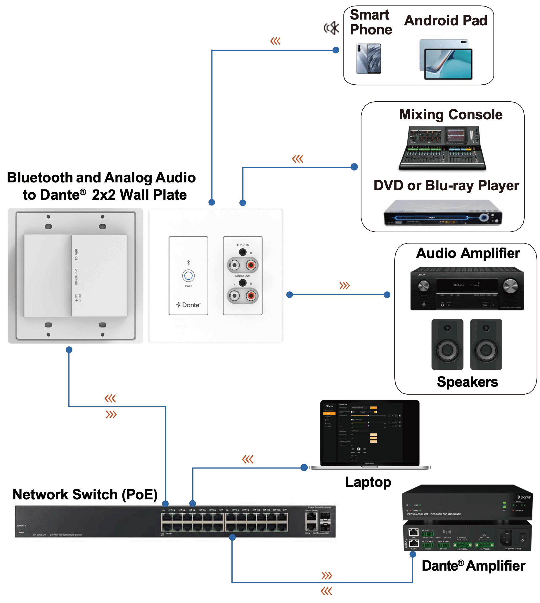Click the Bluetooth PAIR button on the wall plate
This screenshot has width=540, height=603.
pyautogui.click(x=188, y=276)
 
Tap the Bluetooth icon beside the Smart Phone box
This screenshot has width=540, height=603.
pyautogui.click(x=331, y=28)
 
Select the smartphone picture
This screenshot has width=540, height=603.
pyautogui.click(x=369, y=59)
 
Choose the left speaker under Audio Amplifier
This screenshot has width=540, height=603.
pyautogui.click(x=447, y=344)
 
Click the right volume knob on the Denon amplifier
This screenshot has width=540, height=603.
pyautogui.click(x=510, y=286)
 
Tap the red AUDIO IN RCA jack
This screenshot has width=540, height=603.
pyautogui.click(x=251, y=265)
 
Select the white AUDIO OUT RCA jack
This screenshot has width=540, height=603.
pyautogui.click(x=234, y=295)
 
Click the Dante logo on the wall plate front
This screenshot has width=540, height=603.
pyautogui.click(x=188, y=305)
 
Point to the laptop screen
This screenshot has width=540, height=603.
pyautogui.click(x=370, y=432)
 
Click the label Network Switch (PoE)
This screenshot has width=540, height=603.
pyautogui.click(x=85, y=494)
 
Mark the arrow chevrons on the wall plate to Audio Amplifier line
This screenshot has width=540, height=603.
pyautogui.click(x=345, y=286)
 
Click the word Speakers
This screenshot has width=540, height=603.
pyautogui.click(x=467, y=382)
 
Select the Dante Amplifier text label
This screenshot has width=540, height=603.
pyautogui.click(x=473, y=566)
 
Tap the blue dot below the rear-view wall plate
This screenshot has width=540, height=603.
pyautogui.click(x=69, y=350)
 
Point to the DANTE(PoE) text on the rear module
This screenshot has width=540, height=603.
pyautogui.click(x=76, y=276)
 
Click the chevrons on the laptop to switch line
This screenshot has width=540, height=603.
pyautogui.click(x=247, y=460)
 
